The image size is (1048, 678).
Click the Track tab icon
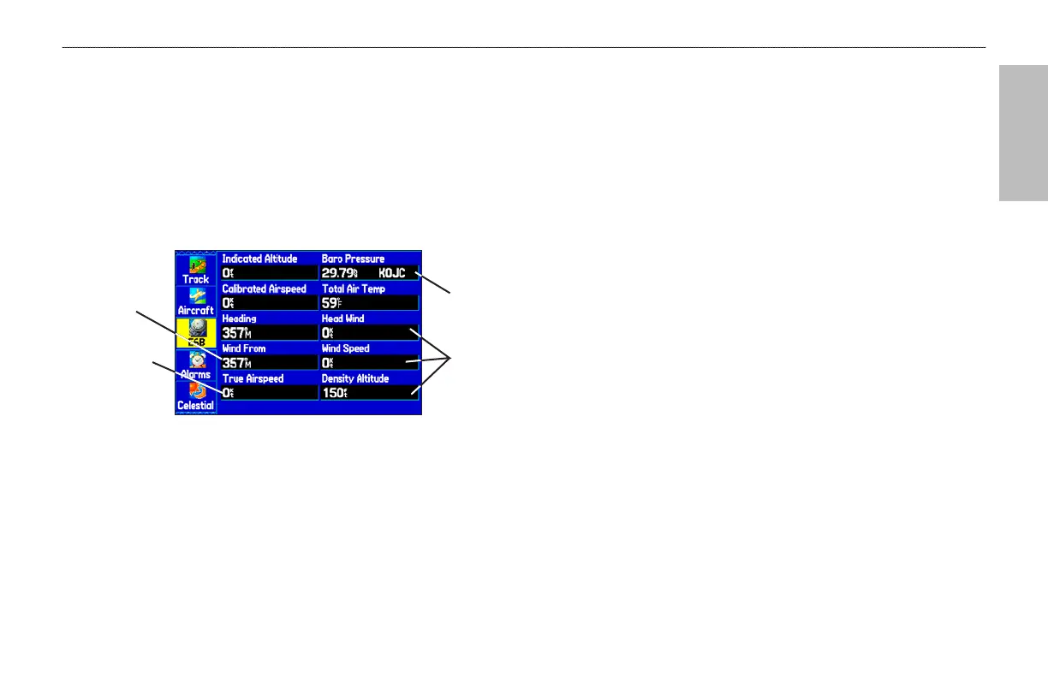point(196,269)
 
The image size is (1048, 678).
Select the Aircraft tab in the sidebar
point(196,300)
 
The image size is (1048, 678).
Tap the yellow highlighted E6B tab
point(196,332)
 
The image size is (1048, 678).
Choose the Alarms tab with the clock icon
point(196,364)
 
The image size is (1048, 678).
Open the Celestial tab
point(196,395)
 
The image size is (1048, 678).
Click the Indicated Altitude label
point(259,259)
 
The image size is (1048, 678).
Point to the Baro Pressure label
point(353,259)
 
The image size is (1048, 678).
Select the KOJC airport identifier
point(391,273)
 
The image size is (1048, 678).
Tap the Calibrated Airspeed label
point(264,288)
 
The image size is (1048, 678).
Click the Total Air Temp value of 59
point(330,303)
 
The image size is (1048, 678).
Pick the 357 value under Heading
point(236,333)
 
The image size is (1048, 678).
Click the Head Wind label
point(342,318)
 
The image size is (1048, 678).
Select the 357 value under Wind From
point(236,363)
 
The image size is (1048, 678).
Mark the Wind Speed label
point(344,348)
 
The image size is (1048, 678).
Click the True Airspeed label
point(253,378)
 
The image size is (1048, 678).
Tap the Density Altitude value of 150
point(334,393)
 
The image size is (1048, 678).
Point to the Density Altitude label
point(354,378)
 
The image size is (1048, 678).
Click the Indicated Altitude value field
point(269,273)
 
